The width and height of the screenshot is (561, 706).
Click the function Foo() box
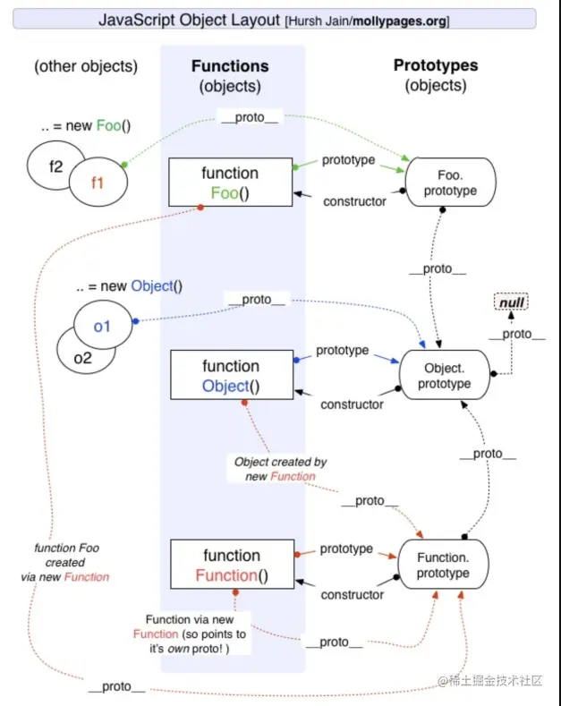tap(230, 183)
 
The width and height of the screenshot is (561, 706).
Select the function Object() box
tap(230, 376)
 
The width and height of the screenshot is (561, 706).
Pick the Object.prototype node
tap(444, 376)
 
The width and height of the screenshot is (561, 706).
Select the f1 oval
tap(98, 182)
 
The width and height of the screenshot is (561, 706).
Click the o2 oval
tap(82, 357)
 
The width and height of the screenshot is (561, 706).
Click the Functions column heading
tap(231, 66)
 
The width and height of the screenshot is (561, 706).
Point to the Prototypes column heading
tap(436, 65)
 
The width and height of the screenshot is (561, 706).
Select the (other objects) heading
tap(86, 67)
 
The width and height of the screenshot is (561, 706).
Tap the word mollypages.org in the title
tap(396, 20)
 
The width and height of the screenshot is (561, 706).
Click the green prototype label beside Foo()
tap(347, 160)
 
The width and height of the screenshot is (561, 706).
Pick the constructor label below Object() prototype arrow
tap(352, 404)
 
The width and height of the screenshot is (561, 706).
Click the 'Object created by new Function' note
tap(280, 469)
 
